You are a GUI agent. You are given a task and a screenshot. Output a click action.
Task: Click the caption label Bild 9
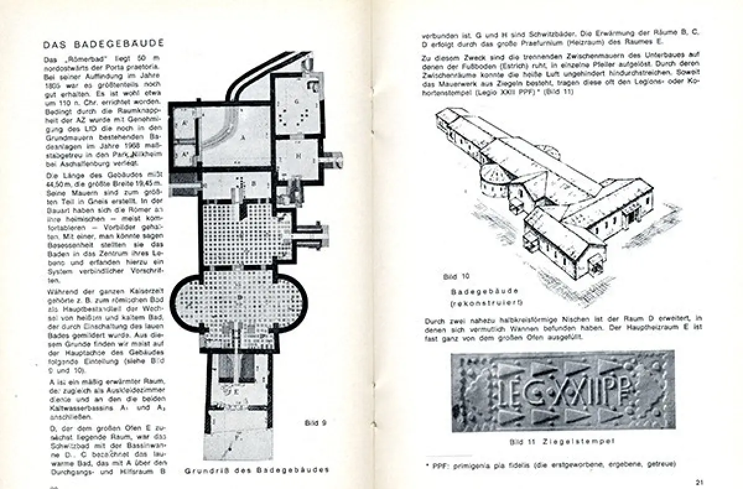pyautogui.click(x=316, y=423)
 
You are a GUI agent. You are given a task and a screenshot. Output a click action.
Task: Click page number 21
pyautogui.click(x=698, y=482)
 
